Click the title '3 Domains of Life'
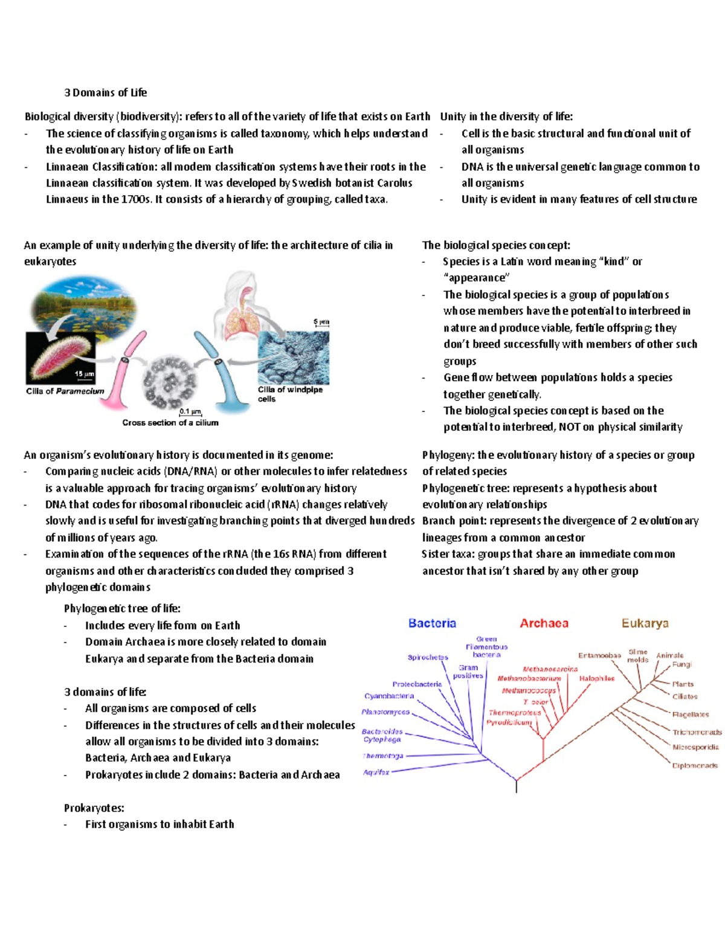[106, 92]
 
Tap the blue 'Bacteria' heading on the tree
[432, 623]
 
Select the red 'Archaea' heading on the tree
[544, 623]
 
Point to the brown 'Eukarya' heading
[645, 623]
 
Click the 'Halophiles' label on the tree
[596, 678]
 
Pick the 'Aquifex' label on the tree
[376, 772]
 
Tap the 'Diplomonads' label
[695, 766]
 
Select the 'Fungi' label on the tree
[682, 664]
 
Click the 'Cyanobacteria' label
[389, 696]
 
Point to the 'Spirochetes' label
[428, 657]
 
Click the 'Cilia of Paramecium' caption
[65, 391]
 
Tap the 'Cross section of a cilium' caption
[170, 423]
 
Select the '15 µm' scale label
[84, 374]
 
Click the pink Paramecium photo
[60, 358]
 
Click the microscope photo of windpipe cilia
[294, 357]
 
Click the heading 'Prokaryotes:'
[94, 808]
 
